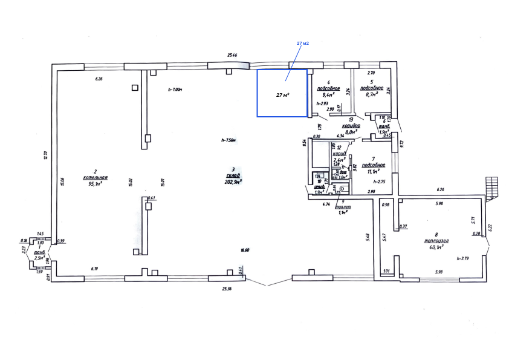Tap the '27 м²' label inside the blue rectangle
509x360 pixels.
[282, 95]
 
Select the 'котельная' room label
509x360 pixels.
[95, 178]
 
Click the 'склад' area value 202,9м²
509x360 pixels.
[233, 181]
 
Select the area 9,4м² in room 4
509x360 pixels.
[328, 95]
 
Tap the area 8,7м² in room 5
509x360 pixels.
[369, 95]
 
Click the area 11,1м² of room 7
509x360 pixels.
[376, 172]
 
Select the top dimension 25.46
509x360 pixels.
[232, 55]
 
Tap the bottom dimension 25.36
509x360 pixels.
[227, 289]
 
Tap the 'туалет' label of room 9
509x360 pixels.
[343, 206]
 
